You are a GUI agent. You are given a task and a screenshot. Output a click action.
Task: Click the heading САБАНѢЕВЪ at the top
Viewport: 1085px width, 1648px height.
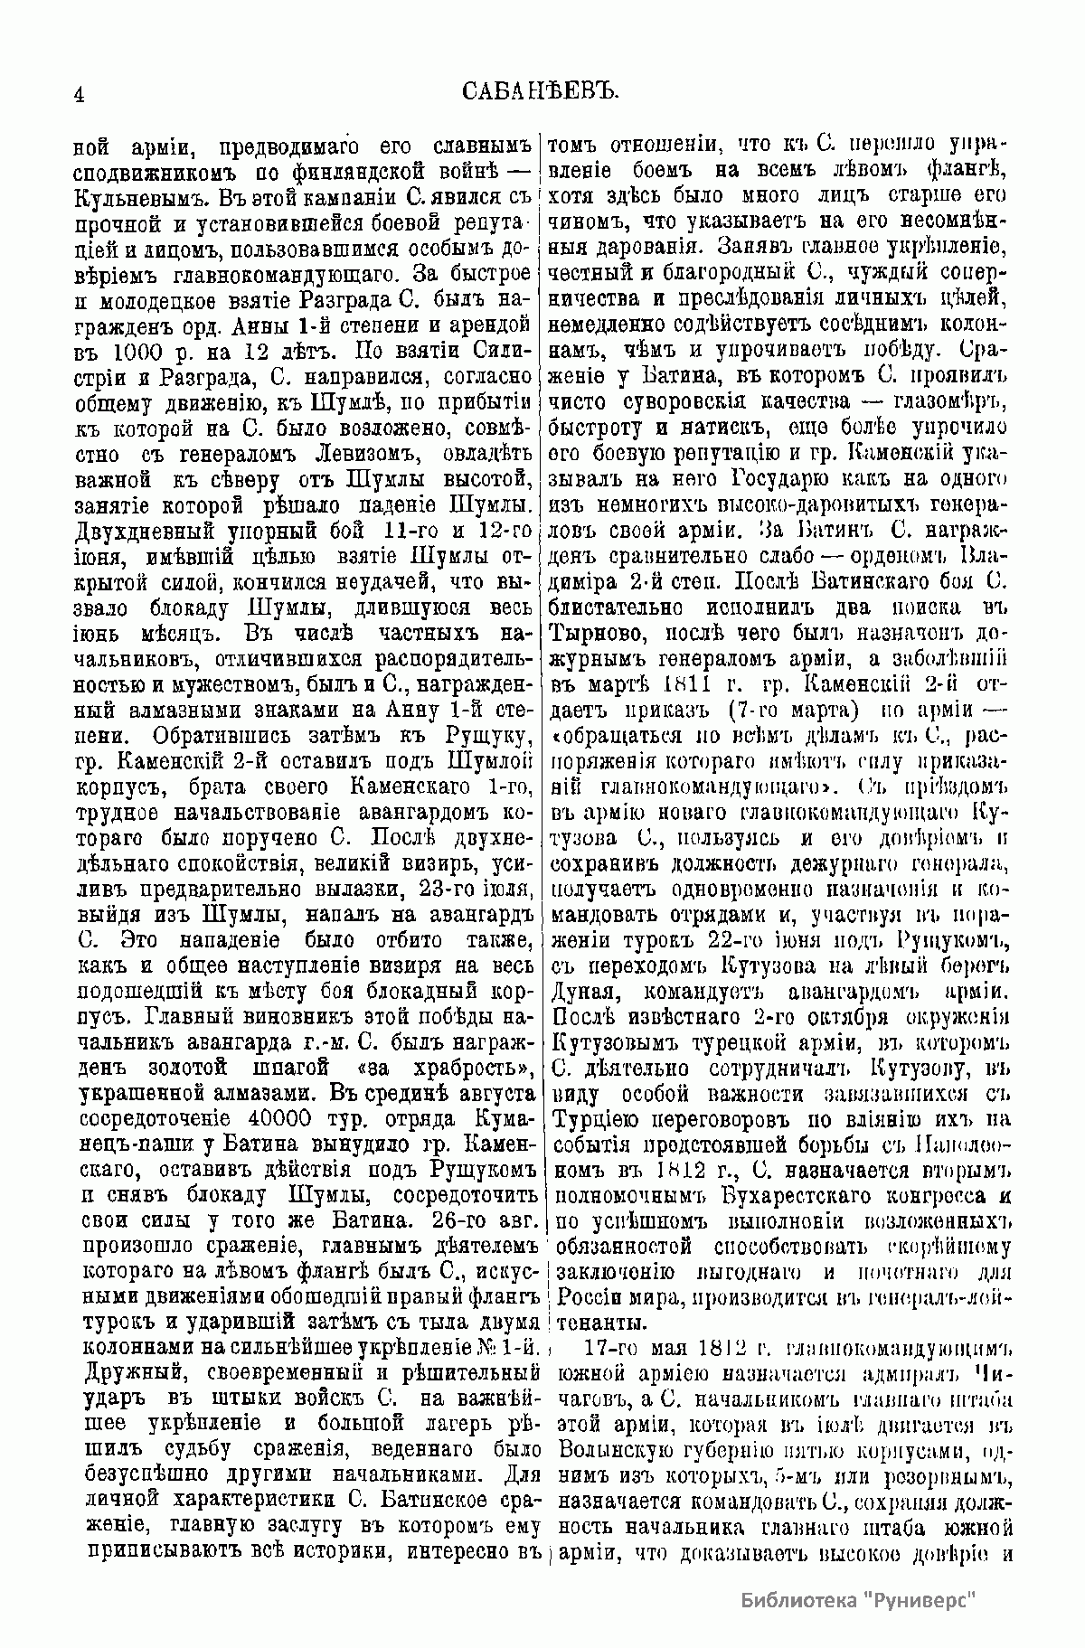tap(539, 91)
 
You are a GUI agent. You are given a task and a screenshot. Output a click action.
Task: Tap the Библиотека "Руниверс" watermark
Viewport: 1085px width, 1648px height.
tap(861, 1599)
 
